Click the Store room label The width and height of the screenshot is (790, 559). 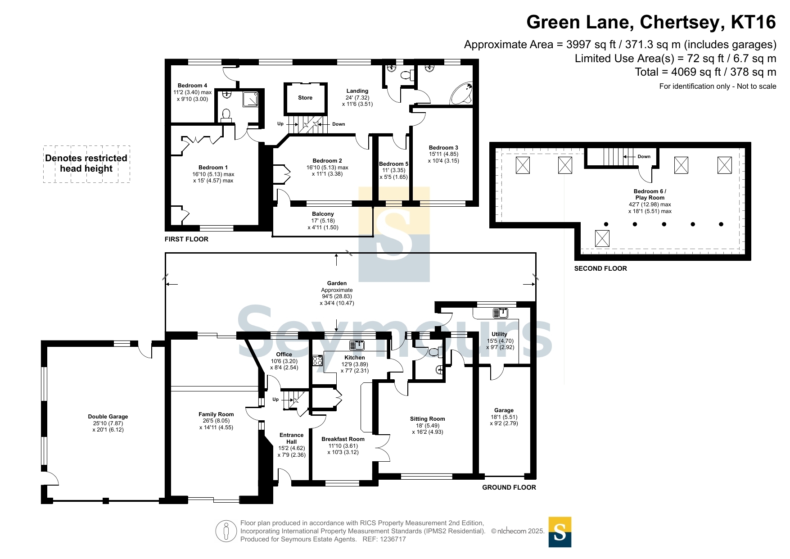click(305, 98)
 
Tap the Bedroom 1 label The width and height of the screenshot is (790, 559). click(213, 168)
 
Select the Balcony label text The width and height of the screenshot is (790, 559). click(323, 214)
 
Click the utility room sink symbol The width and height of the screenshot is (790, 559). click(500, 313)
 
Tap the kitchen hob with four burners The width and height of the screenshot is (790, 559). click(317, 360)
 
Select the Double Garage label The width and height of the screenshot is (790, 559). click(108, 417)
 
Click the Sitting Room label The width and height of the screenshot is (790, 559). click(427, 419)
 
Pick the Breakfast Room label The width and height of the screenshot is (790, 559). click(343, 439)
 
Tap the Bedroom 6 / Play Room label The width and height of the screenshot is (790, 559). click(650, 195)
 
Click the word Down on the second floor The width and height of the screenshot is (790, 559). click(644, 157)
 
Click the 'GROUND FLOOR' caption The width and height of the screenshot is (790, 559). click(509, 487)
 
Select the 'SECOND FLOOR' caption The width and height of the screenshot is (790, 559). click(600, 268)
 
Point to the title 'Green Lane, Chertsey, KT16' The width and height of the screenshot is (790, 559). click(651, 22)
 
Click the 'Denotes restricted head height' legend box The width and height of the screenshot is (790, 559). click(86, 164)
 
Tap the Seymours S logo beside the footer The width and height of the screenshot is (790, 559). click(560, 532)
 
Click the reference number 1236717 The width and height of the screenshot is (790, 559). click(393, 539)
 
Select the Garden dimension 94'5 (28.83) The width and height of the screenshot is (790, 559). click(337, 296)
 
